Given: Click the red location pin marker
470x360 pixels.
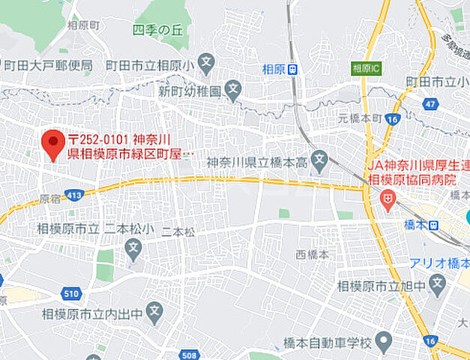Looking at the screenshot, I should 52,143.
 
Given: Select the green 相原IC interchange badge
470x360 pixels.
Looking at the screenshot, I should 365,68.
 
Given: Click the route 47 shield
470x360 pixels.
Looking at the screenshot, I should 430,103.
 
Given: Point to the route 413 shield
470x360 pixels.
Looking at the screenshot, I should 73,195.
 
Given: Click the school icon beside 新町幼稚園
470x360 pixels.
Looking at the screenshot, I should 232,91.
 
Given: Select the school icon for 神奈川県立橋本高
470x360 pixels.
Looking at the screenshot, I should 320,159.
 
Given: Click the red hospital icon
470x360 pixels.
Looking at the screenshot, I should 388,199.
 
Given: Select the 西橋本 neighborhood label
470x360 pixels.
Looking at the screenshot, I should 313,254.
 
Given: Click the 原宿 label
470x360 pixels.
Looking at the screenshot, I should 49,199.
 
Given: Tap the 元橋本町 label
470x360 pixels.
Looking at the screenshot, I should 360,118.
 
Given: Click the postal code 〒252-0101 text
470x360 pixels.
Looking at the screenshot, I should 98,139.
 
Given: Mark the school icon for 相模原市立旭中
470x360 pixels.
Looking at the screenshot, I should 439,285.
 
